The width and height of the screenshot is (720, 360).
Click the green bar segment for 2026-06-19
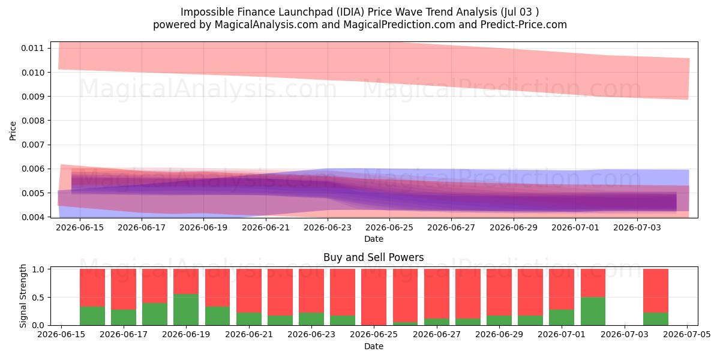186,310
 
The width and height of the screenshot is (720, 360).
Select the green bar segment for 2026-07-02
593,311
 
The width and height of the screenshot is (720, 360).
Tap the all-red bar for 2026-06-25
373,297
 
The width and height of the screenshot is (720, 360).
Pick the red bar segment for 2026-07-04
656,290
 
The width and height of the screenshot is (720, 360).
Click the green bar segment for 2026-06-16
92,316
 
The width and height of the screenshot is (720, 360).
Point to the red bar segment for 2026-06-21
249,290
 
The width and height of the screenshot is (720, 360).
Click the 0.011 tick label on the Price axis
32,48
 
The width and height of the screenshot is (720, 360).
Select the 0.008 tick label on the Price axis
32,121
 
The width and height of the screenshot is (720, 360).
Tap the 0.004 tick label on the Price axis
32,217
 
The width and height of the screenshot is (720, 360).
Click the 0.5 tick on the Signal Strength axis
38,298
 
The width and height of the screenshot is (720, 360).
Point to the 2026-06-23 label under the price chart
328,227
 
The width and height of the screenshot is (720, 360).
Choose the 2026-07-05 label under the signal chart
687,335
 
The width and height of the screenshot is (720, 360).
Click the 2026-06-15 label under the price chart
80,227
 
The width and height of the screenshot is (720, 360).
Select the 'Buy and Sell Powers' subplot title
373,257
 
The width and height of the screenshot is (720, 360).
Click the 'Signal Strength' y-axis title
23,296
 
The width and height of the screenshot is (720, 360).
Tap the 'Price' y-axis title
13,131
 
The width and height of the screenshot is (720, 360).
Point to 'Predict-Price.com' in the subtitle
524,25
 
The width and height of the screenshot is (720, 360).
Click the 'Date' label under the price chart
373,239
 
